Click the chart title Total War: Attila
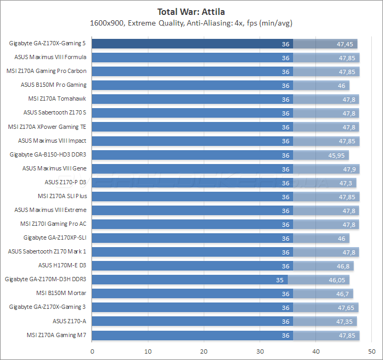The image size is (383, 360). click(x=191, y=11)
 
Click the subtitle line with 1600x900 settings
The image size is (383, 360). click(x=191, y=23)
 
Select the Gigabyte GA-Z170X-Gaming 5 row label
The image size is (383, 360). click(x=48, y=43)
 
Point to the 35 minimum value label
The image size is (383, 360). click(x=280, y=280)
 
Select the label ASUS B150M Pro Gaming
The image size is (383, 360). click(x=54, y=85)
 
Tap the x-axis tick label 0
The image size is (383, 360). click(x=93, y=351)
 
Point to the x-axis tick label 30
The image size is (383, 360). click(x=260, y=351)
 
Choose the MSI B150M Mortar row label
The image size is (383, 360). click(x=61, y=293)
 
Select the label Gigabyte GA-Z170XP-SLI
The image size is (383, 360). click(x=55, y=238)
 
